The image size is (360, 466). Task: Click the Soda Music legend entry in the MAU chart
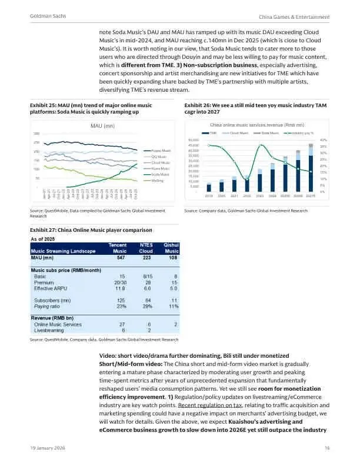coord(160,174)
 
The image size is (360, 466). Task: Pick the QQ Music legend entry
coord(159,157)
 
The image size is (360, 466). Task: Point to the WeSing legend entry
coord(157,180)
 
